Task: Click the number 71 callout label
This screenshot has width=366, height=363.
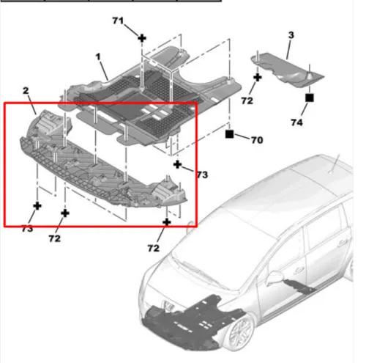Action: pyautogui.click(x=118, y=21)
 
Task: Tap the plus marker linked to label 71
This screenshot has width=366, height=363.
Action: pyautogui.click(x=142, y=38)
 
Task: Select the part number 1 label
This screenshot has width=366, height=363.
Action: pyautogui.click(x=98, y=57)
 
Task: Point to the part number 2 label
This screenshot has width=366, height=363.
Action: pyautogui.click(x=26, y=91)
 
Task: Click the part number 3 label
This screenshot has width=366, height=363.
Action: pyautogui.click(x=291, y=35)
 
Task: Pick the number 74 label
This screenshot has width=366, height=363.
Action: pyautogui.click(x=296, y=122)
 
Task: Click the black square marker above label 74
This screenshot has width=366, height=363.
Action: pyautogui.click(x=310, y=98)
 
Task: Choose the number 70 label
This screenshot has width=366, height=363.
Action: pyautogui.click(x=257, y=140)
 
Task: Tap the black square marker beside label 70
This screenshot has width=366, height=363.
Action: pyautogui.click(x=229, y=134)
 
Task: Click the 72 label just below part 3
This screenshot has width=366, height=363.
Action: pyautogui.click(x=247, y=100)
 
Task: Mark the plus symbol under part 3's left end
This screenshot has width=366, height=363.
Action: pyautogui.click(x=258, y=78)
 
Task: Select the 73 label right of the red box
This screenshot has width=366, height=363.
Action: pyautogui.click(x=202, y=175)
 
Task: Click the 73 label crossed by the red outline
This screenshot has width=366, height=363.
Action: pyautogui.click(x=27, y=229)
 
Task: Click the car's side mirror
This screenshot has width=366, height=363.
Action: pyautogui.click(x=274, y=277)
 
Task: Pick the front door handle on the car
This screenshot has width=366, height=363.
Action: pyautogui.click(x=299, y=271)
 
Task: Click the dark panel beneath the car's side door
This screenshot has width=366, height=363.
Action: pyautogui.click(x=299, y=287)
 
